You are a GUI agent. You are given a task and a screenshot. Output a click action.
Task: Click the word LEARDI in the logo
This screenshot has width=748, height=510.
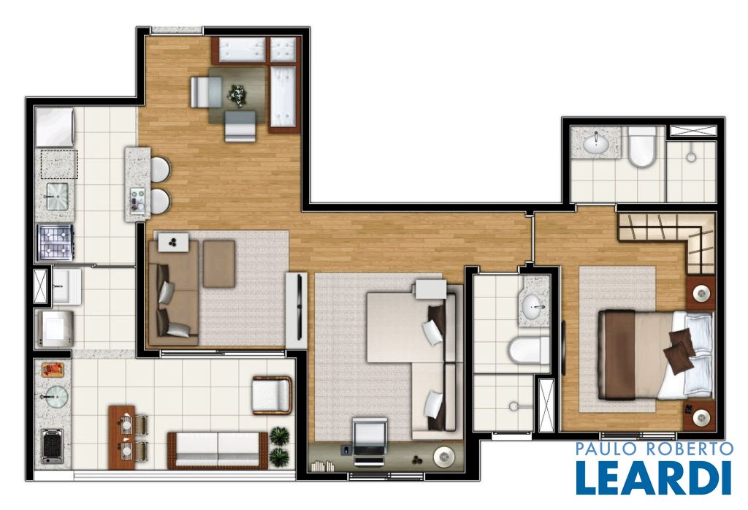click(653, 478)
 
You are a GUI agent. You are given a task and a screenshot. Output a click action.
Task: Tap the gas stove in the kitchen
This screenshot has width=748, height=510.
click(56, 243)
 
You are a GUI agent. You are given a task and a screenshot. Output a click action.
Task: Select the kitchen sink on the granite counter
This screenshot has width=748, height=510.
click(57, 196)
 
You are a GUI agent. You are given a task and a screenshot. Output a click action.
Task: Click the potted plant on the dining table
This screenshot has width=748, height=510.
click(237, 95)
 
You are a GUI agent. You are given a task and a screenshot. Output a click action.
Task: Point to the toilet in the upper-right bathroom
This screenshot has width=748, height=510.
click(641, 146)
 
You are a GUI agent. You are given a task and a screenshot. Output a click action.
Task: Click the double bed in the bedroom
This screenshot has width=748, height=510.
click(655, 355)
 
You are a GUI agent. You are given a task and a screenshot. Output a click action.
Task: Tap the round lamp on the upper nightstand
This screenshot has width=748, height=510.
click(701, 292)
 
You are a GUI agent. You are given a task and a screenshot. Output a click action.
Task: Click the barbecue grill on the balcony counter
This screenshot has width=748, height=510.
click(53, 446)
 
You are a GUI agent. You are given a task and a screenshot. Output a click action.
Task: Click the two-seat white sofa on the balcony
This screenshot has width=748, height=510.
click(218, 450)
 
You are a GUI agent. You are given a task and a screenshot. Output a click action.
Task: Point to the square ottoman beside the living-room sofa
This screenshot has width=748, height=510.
click(219, 264)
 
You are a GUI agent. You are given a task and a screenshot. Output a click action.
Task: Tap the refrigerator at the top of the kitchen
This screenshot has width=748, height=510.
click(55, 127)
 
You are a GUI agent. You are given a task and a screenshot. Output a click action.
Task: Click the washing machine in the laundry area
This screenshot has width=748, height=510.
click(56, 329)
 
